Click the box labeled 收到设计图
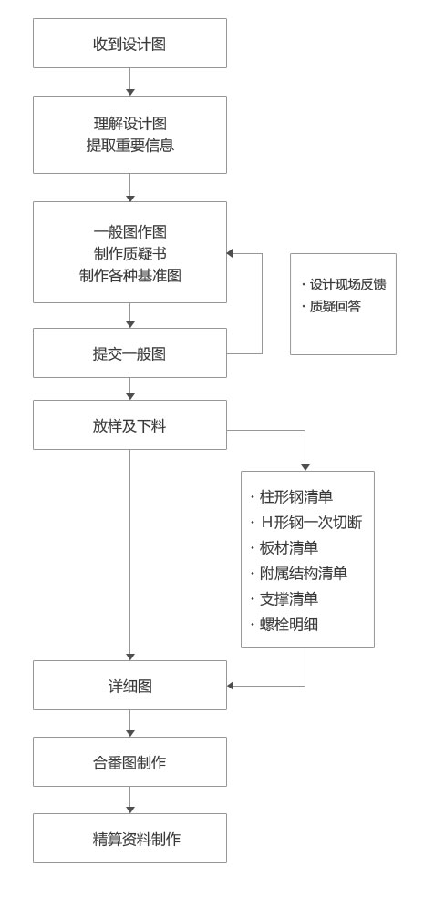(129, 44)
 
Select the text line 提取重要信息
(130, 145)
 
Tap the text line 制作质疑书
(130, 253)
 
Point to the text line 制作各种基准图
(130, 275)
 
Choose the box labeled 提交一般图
(129, 352)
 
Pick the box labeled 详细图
(129, 686)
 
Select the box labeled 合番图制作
(129, 762)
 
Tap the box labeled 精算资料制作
(129, 838)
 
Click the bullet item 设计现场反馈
(344, 285)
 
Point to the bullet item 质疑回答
(331, 307)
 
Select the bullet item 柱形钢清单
(292, 497)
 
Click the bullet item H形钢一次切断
(306, 523)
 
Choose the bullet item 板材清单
(284, 548)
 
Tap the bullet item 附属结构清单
(299, 573)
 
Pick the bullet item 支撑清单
(284, 598)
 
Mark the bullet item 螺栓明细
(284, 625)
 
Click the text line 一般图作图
(130, 232)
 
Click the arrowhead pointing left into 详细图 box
(230, 686)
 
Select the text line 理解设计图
(130, 123)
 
